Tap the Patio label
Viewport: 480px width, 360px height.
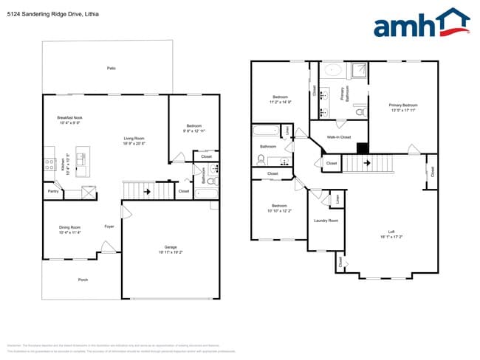111,69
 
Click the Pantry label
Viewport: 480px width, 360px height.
53,191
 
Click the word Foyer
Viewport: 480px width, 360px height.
109,226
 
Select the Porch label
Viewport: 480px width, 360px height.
83,280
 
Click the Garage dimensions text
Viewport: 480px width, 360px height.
171,252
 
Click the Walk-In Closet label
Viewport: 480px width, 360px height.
338,137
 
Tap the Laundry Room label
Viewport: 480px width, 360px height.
326,221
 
